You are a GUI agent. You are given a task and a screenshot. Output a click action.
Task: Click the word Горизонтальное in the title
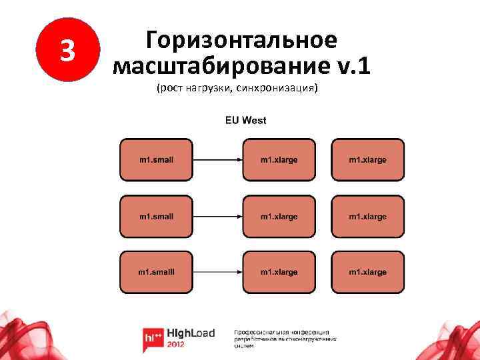[x=242, y=40]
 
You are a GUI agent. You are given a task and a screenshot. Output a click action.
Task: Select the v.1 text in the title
[x=353, y=66]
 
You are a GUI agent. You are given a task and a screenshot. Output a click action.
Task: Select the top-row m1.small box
[x=156, y=160]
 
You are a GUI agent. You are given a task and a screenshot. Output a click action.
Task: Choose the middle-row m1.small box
[x=156, y=217]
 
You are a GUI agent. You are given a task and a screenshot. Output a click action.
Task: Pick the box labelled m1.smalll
[x=156, y=272]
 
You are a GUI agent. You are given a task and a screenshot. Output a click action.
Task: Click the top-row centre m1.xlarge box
[x=279, y=160]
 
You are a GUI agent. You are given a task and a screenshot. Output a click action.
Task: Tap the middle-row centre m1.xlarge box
[x=279, y=217]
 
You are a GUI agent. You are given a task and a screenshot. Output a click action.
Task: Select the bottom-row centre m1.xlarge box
[x=279, y=272]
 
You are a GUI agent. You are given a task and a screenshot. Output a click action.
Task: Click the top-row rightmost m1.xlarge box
[x=368, y=160]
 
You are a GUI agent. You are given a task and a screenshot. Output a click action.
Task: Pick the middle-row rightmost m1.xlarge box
[x=368, y=217]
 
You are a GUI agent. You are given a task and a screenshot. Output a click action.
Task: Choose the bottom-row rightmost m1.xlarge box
[x=368, y=272]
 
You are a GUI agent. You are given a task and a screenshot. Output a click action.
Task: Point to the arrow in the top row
[x=217, y=160]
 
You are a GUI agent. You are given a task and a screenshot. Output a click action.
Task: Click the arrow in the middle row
[x=217, y=217]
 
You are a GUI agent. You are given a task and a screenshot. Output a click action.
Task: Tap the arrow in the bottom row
[x=217, y=272]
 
